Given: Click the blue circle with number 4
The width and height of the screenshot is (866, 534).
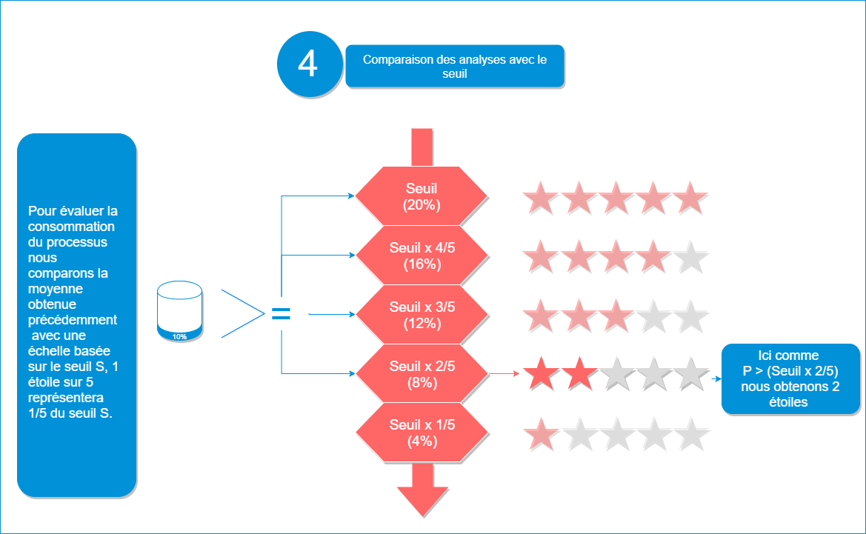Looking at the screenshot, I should point(307,64).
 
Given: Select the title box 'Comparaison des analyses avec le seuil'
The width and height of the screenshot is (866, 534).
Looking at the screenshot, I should point(455,67).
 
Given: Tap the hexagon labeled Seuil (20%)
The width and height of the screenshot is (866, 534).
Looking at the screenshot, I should point(422,196).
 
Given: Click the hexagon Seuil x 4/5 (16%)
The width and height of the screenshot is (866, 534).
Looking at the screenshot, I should point(422,256).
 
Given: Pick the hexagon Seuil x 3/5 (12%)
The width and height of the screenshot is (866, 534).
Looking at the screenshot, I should point(422,315).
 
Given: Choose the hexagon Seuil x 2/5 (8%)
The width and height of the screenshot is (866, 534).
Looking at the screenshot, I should point(422,374).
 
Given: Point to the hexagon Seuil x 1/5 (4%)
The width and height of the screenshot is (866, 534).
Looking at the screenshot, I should point(422,433).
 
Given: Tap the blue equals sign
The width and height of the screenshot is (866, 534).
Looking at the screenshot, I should point(281,315).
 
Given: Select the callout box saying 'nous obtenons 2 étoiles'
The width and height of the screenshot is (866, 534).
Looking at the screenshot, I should point(790,378).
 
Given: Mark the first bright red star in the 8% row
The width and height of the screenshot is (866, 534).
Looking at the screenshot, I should point(542,374).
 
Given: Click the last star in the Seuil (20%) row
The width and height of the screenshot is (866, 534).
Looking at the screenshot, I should point(690,198).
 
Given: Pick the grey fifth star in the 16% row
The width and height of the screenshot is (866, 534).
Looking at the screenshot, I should point(690,257).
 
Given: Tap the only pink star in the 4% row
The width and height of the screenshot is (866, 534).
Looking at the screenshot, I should point(542,433).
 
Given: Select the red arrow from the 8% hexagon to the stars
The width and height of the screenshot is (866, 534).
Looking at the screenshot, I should point(504,374).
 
